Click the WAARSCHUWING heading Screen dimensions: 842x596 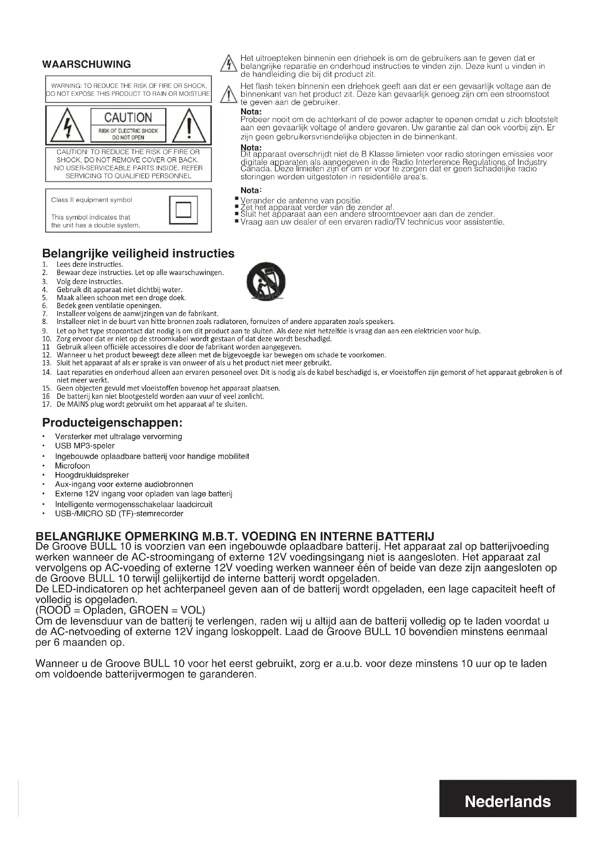pos(86,64)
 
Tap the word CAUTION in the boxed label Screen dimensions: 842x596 pos(128,117)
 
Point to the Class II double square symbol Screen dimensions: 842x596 pos(183,210)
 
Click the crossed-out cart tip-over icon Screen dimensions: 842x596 pos(266,282)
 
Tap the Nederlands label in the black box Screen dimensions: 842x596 pos(508,801)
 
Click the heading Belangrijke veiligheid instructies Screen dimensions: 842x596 pos(138,253)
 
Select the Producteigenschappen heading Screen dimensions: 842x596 pos(112,423)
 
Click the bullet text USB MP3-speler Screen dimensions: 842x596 pos(85,446)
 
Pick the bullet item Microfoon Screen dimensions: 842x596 pos(72,466)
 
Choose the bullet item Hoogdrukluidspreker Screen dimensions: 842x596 pos(92,475)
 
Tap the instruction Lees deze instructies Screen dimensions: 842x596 pos(90,265)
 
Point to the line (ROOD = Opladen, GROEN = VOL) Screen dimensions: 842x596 pos(120,610)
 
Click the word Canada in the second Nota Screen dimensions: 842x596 pos(254,169)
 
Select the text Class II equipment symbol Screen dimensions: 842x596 pos(92,200)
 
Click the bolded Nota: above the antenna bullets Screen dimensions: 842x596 pos(251,190)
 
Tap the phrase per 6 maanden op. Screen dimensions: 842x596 pos(80,643)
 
